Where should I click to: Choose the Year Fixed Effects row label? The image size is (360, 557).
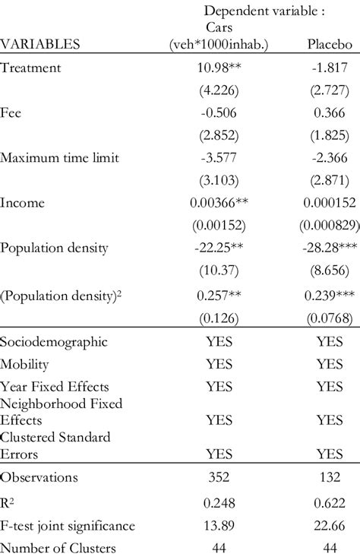(x=55, y=387)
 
